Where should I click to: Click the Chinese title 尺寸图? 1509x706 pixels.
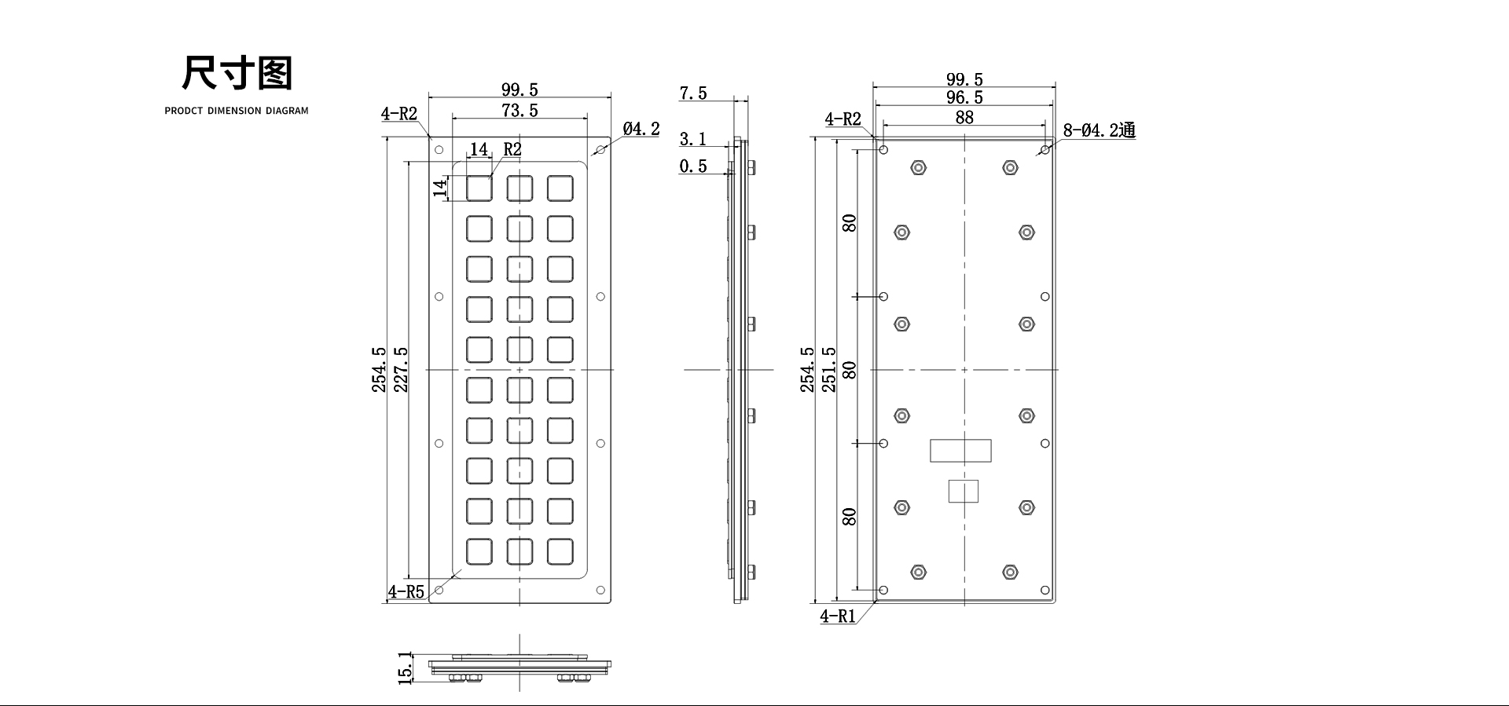(237, 73)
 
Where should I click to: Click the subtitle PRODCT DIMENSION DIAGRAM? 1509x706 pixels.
(237, 111)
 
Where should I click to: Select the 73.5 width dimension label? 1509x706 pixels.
(520, 111)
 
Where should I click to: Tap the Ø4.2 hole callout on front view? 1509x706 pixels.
(641, 129)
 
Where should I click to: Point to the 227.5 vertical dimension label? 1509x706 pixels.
(401, 369)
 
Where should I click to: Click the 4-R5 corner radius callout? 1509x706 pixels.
(406, 591)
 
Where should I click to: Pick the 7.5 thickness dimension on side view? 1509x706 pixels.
(692, 93)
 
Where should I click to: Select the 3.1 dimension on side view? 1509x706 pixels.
(692, 140)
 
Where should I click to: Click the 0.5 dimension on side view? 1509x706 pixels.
(692, 166)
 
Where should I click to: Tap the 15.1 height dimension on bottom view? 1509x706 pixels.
(406, 668)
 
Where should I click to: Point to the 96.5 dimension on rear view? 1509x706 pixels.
(964, 97)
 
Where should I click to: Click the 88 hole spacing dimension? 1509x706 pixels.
(964, 117)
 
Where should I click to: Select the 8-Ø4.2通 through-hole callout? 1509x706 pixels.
(1100, 130)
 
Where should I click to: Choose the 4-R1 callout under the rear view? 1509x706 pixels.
(838, 616)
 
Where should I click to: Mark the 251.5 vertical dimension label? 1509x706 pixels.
(828, 369)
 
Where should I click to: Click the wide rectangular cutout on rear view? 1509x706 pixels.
(960, 451)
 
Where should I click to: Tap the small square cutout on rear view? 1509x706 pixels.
(963, 491)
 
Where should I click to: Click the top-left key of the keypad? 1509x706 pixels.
(479, 188)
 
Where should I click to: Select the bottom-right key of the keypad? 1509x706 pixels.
(560, 551)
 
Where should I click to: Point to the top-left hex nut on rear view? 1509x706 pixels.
(918, 167)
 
